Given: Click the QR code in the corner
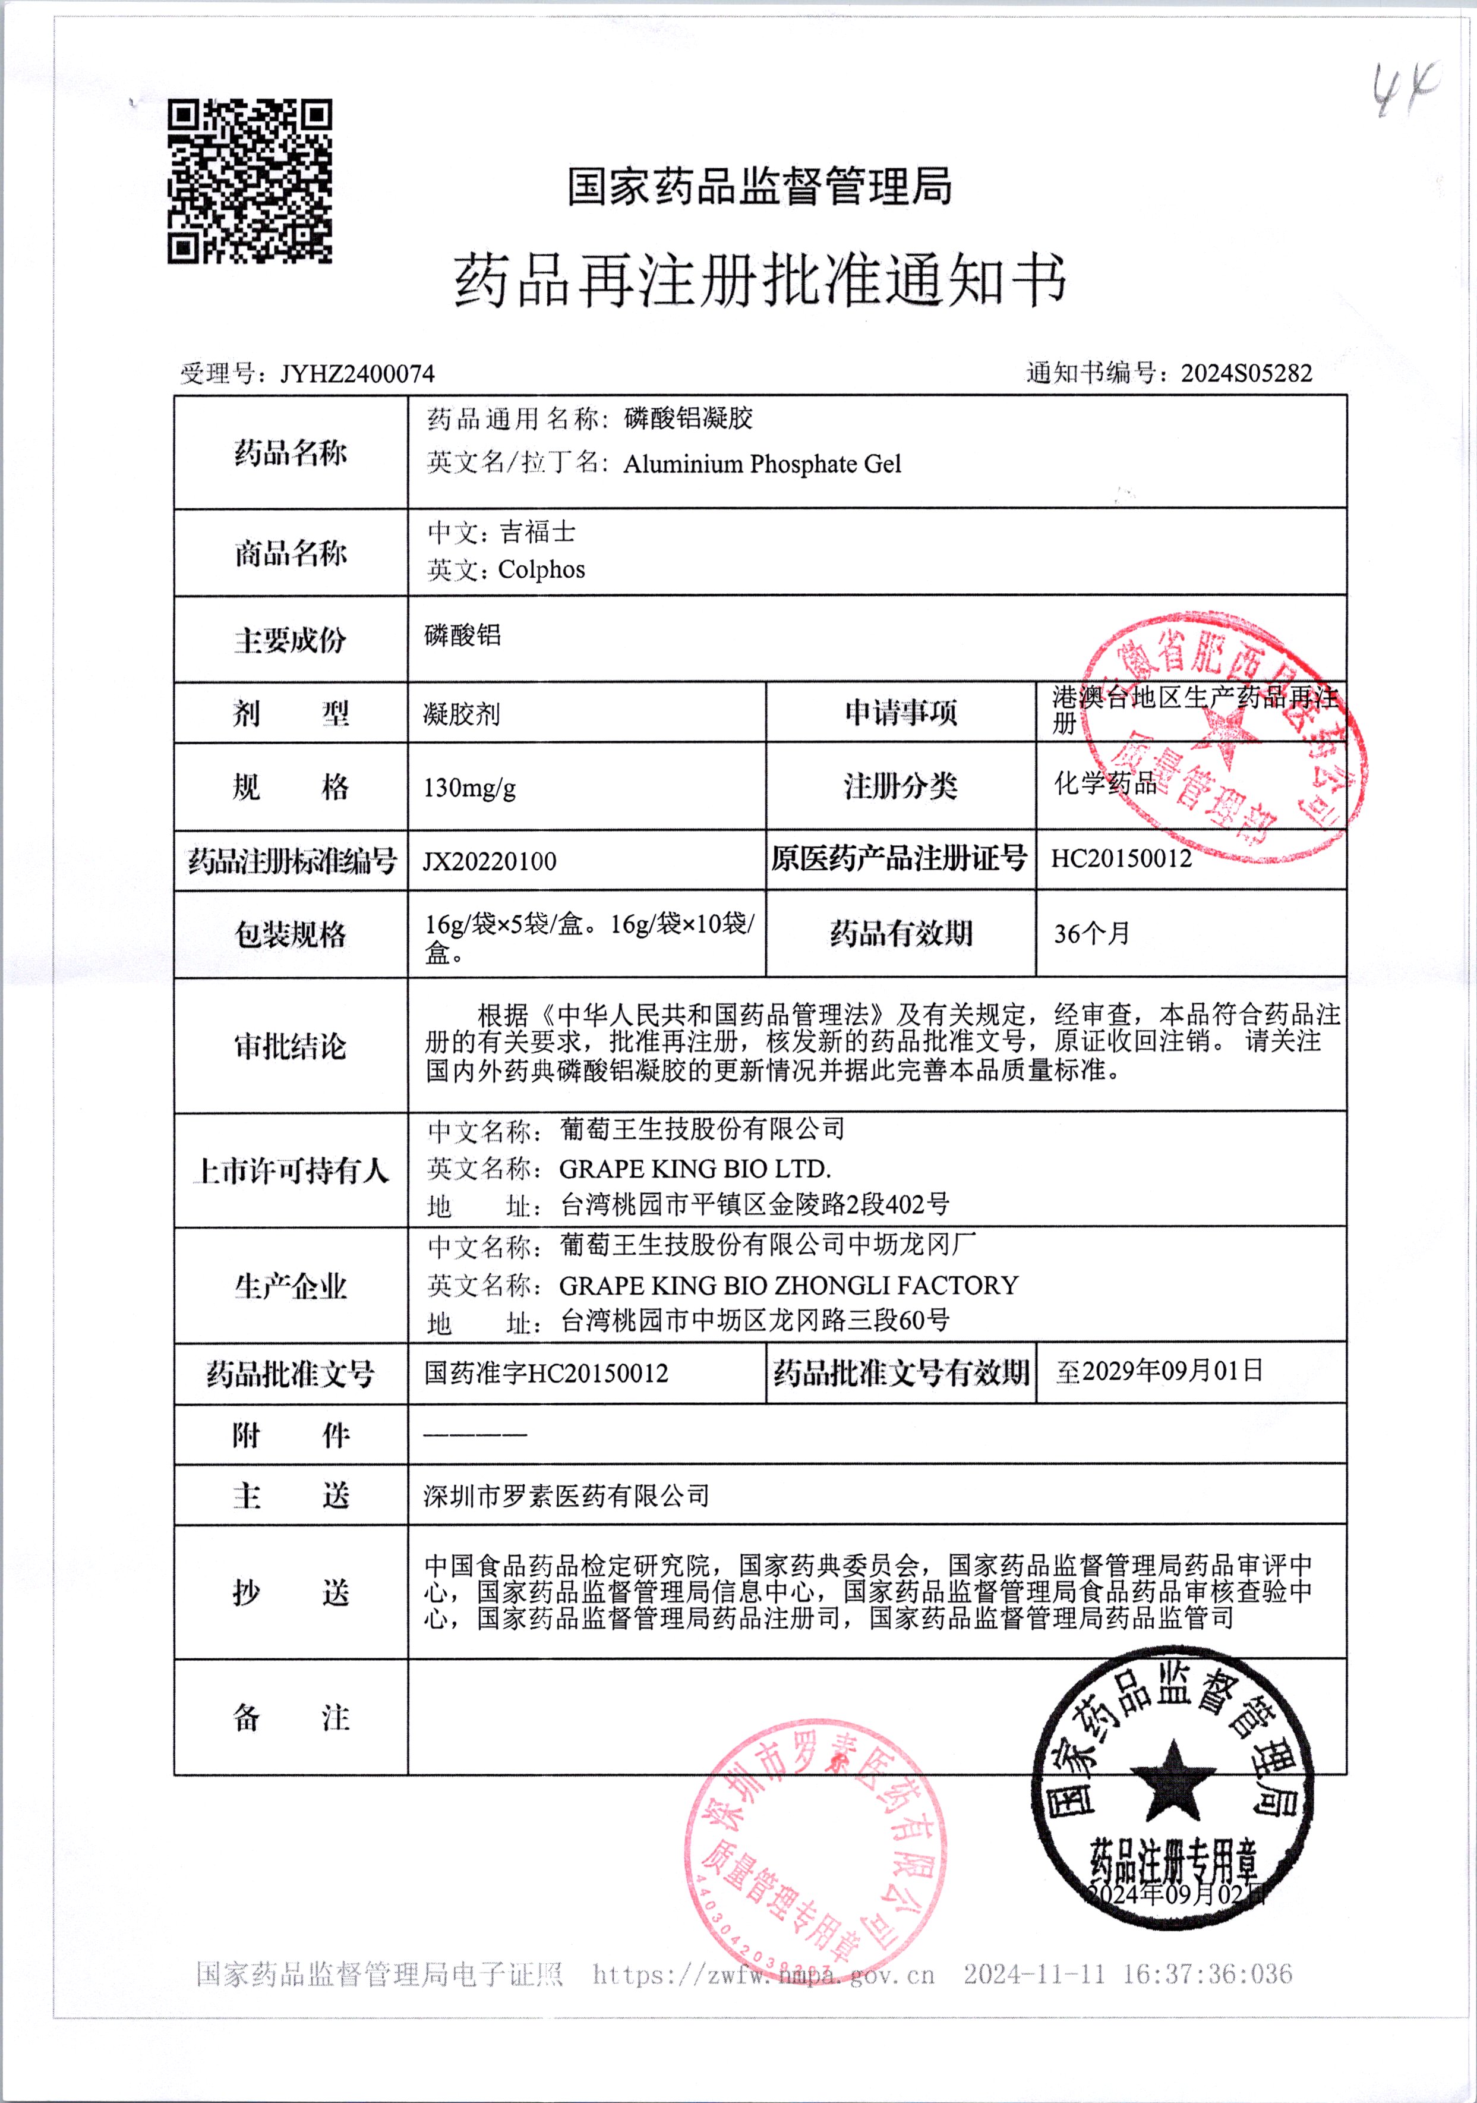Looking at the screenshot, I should coord(249,181).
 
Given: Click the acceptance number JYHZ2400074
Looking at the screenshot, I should coord(357,374).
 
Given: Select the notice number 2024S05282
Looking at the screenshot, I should coord(1246,373).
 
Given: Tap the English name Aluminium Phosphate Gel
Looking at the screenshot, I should coord(762,464).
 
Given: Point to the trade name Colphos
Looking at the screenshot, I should coord(541,569).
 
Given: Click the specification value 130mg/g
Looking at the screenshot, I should coord(470,788).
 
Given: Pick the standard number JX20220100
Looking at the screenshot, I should coord(489,861).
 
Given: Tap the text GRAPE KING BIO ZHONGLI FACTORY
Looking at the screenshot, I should coord(788,1285).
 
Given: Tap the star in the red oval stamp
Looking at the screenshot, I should coord(1224,737).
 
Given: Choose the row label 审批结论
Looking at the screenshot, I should coord(291,1046).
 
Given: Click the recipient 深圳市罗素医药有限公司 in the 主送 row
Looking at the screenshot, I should coord(566,1496).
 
